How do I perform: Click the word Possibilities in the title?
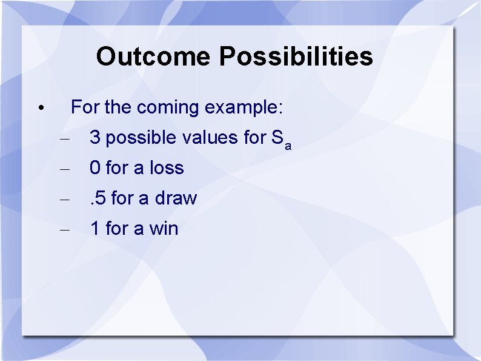pos(296,56)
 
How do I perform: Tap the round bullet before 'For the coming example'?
pos(39,109)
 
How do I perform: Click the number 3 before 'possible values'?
pos(95,138)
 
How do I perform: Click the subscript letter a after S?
pos(288,145)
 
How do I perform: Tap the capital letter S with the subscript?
pos(277,138)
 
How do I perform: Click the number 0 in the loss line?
pos(95,168)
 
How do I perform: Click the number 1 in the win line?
pos(95,229)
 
